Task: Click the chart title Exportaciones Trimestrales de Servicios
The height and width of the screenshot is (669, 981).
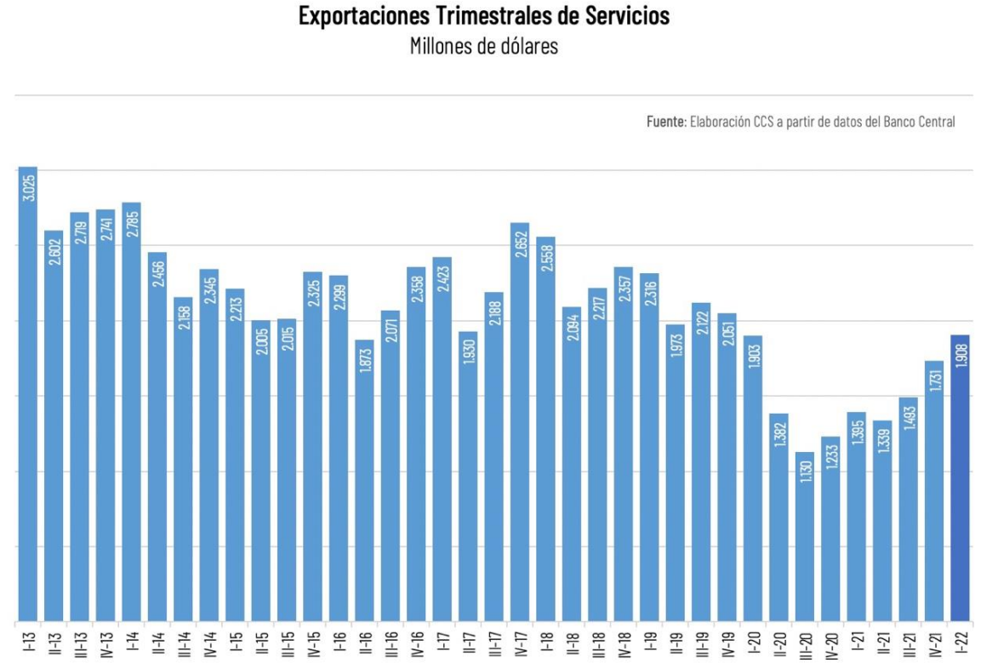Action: pos(483,15)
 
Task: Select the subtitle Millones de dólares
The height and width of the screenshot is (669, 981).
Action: pos(483,46)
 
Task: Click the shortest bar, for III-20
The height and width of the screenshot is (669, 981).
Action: pos(805,536)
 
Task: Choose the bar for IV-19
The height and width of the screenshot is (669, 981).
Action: pos(727,468)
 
